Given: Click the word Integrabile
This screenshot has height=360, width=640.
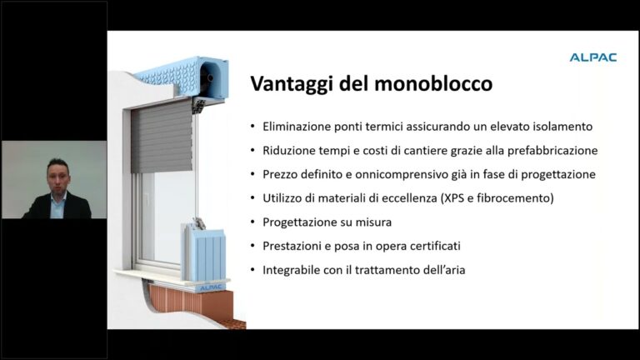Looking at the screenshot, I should coord(292,271).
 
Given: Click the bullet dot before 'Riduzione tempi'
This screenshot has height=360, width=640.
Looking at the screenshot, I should coord(253,151).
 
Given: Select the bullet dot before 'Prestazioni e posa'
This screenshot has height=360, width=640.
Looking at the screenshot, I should coord(253,247).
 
